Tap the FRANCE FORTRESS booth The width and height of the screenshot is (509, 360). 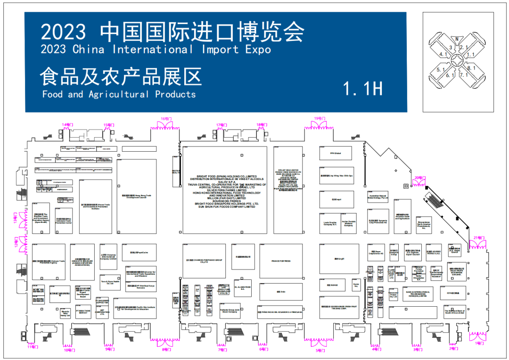281,261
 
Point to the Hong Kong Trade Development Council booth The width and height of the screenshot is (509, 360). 137,196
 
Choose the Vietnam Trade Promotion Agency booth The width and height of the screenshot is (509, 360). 49,261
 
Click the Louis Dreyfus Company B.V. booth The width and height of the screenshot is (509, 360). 330,223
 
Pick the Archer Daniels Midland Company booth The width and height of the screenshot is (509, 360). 348,223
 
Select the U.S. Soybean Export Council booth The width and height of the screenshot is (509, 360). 413,253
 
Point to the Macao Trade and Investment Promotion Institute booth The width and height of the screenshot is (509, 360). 96,206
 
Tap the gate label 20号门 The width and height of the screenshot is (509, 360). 419,178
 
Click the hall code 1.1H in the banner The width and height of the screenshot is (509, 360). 362,88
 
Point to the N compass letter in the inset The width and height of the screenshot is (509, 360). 456,39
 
